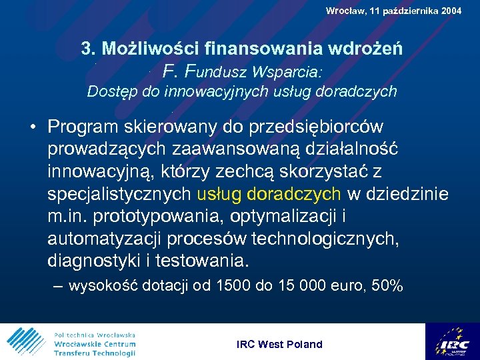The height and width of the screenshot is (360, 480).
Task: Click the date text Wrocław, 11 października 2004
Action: click(x=393, y=11)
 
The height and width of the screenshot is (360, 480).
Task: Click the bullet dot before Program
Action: click(x=32, y=127)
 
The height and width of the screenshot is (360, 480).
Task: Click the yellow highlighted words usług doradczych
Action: click(x=269, y=193)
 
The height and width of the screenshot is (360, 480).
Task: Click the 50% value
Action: click(x=387, y=287)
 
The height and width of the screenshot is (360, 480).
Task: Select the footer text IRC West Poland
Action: click(x=279, y=345)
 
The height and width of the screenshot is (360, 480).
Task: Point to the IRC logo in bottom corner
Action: click(x=454, y=342)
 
